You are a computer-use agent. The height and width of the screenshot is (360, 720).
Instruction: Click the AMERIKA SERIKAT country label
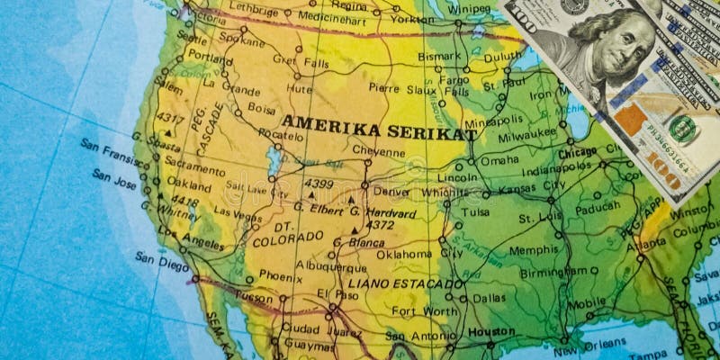click(x=378, y=130)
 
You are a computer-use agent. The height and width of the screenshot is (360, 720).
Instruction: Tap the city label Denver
click(x=391, y=192)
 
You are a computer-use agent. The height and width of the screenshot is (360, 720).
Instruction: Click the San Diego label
click(x=162, y=262)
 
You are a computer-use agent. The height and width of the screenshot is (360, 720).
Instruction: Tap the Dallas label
click(x=489, y=298)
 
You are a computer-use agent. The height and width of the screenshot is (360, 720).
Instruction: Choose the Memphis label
click(x=534, y=250)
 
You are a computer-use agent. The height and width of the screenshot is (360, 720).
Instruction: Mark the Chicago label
click(x=577, y=153)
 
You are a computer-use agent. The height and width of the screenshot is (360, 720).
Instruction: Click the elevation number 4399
click(x=319, y=184)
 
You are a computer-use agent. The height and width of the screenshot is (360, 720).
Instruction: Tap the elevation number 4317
click(x=170, y=119)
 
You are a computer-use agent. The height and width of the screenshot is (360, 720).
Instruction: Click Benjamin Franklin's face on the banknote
click(x=622, y=45)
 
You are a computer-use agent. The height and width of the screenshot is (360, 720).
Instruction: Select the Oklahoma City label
click(x=419, y=254)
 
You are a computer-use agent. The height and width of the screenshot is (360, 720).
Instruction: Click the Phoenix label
click(x=280, y=276)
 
